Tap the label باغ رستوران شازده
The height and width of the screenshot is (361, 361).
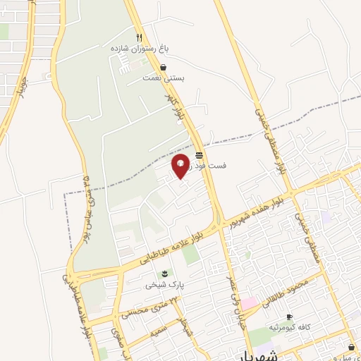140,49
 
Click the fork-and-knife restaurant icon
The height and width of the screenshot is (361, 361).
140,37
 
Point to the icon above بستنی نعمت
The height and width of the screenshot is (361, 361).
164,68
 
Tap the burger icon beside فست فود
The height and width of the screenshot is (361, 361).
200,154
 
